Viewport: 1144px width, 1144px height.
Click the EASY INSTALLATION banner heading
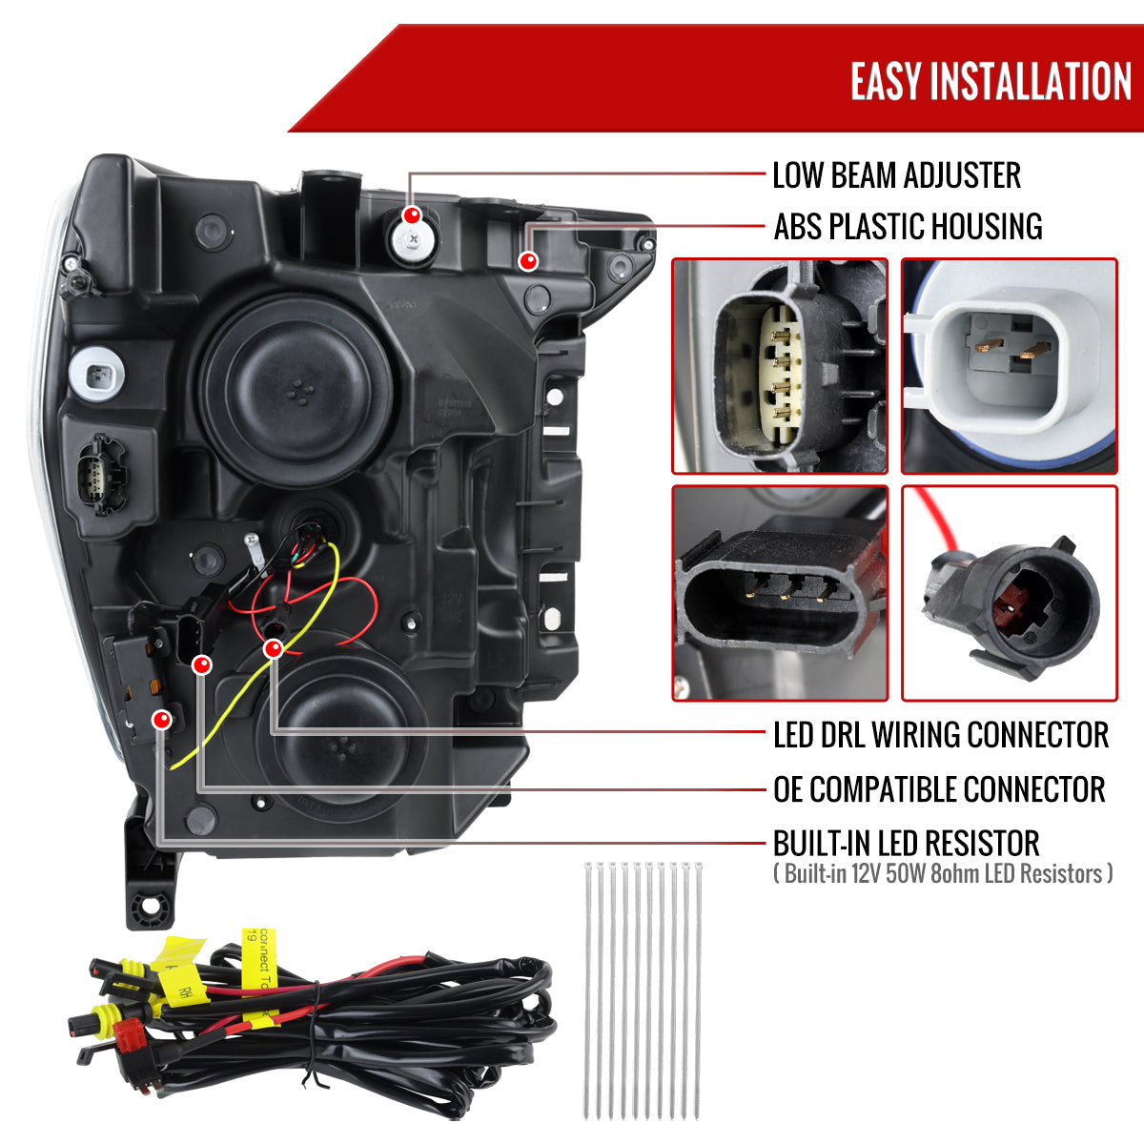[991, 81]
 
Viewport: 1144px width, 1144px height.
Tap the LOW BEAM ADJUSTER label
[896, 175]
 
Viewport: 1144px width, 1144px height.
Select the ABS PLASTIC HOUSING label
[908, 227]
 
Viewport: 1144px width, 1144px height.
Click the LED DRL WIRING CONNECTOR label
[940, 735]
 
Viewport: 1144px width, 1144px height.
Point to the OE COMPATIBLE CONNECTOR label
[939, 789]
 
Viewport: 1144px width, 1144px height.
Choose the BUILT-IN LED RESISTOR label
[906, 844]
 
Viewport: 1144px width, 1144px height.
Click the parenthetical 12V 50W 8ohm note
[943, 873]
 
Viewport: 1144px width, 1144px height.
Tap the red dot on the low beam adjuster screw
[412, 215]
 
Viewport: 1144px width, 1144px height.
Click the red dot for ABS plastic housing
[527, 260]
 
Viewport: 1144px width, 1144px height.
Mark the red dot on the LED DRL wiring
[274, 649]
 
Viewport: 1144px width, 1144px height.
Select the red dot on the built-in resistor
[163, 719]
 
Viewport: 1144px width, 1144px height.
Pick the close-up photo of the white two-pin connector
[1009, 366]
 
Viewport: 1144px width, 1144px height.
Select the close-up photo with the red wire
[1009, 593]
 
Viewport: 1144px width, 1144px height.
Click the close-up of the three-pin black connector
[780, 593]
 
